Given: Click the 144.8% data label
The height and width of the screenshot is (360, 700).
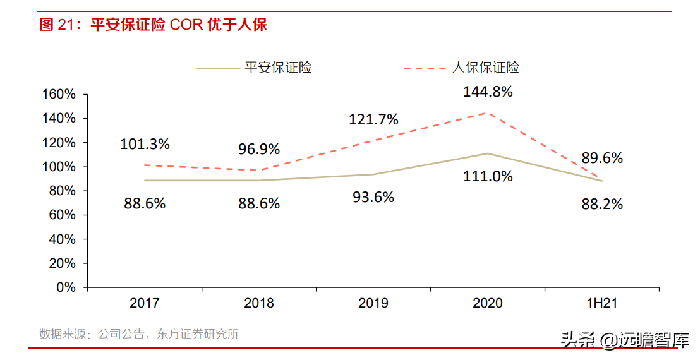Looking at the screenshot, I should [487, 92].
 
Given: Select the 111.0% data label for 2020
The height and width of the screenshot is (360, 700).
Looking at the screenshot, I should [487, 176].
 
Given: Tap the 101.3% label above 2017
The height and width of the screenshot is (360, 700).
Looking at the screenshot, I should [145, 144].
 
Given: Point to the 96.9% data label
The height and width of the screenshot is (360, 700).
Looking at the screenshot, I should [259, 150].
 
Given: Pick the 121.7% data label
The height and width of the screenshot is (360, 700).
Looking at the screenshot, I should [373, 119].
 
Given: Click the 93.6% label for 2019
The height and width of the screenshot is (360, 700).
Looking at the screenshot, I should [373, 197].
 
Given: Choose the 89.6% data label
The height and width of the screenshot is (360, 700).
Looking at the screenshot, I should [602, 158].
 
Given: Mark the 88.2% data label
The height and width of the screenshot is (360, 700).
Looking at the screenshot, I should [602, 204].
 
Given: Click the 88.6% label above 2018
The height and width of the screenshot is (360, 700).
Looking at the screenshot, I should [259, 203].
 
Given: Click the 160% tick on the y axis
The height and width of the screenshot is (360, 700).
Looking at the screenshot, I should [59, 94].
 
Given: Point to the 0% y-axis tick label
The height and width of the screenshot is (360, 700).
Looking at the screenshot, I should [66, 287].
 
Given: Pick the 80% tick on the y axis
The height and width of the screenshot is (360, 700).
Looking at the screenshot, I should [62, 191].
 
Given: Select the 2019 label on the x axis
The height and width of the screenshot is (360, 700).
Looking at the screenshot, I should [373, 303].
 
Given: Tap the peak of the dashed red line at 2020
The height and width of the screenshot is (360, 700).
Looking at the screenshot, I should [487, 113].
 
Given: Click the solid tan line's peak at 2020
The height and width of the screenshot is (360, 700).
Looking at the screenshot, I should [487, 153].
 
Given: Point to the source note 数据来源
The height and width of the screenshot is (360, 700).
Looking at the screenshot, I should [139, 334].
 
